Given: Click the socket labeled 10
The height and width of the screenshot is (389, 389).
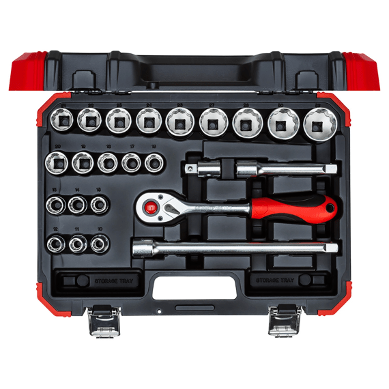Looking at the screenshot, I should pos(100,242).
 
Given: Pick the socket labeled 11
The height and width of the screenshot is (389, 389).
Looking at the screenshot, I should pos(78,242).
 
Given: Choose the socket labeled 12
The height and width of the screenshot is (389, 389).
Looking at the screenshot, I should pos(55,242).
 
